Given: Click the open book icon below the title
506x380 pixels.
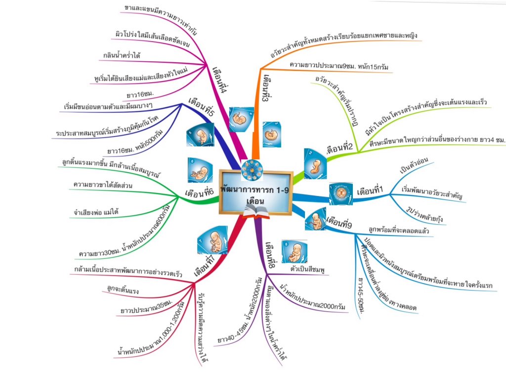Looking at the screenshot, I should click(x=256, y=212).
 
